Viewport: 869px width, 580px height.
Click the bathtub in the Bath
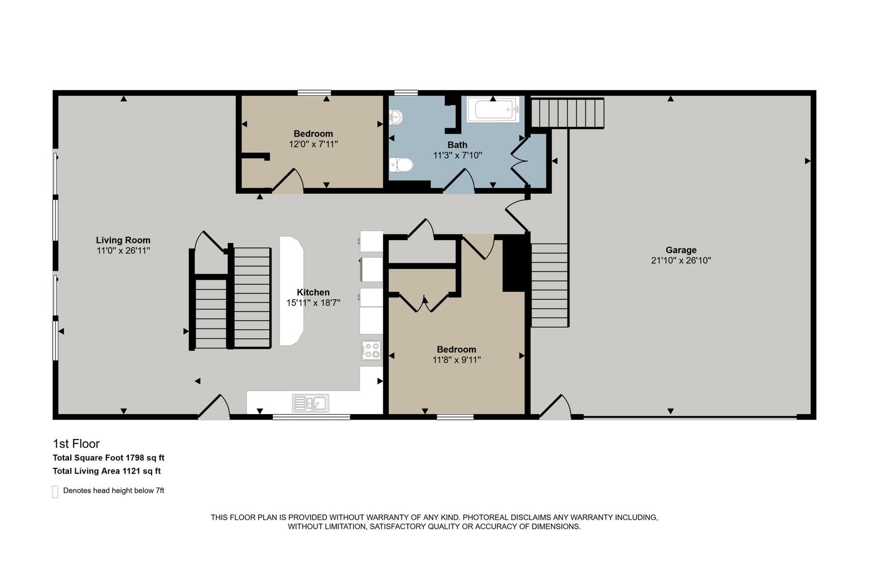(493, 109)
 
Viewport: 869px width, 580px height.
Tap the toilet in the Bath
(401, 165)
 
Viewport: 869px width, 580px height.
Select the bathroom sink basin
(396, 117)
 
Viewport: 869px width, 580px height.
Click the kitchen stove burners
(371, 350)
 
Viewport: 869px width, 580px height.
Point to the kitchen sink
(311, 403)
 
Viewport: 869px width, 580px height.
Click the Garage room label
(681, 250)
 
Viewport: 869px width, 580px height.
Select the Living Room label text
(123, 240)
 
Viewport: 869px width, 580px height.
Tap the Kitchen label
(313, 292)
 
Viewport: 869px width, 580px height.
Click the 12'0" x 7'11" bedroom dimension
(313, 144)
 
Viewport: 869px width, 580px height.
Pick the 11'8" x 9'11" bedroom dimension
(457, 360)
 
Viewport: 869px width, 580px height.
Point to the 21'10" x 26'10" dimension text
(681, 261)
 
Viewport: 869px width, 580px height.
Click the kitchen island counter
(291, 291)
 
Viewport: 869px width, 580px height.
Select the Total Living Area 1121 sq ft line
(107, 471)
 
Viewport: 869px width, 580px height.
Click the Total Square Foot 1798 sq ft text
(109, 458)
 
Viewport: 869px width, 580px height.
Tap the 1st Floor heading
(76, 443)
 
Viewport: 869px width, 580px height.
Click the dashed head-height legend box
(55, 492)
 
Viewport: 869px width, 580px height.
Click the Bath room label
(457, 145)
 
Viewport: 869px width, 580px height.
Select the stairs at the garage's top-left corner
(567, 113)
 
